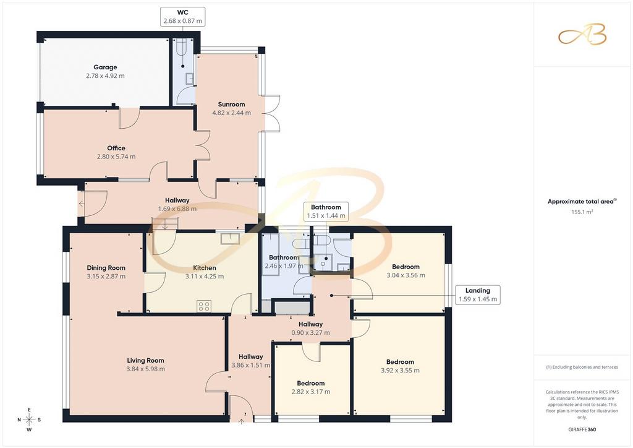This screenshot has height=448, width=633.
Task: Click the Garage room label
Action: point(105,67)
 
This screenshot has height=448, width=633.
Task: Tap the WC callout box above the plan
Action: point(183,17)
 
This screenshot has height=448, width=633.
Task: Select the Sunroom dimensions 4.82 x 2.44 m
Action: point(231,113)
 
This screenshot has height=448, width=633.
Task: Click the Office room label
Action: point(116,149)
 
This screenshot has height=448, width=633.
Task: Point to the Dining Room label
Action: point(106,268)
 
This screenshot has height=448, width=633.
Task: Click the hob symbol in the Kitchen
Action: point(204,306)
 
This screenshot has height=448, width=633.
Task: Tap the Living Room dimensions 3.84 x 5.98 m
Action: point(145,369)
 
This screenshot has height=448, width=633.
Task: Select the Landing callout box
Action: point(478,295)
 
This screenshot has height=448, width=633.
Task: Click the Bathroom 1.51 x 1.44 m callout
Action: point(326,211)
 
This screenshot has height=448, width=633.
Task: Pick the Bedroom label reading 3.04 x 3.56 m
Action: point(406,271)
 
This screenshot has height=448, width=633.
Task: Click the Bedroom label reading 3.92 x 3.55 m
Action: point(400,366)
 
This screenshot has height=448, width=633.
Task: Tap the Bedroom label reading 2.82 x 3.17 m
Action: point(311,387)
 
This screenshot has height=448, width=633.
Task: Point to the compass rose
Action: point(29,420)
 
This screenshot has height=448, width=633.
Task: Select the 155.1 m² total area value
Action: point(582,212)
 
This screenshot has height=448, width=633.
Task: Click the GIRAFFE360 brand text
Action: point(582,429)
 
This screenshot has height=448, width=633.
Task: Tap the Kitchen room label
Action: point(205,268)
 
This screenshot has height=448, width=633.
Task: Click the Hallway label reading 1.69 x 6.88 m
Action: point(177,204)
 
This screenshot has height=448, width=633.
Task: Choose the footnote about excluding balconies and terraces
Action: point(582,367)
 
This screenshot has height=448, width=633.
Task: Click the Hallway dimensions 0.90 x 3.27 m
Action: point(310,333)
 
